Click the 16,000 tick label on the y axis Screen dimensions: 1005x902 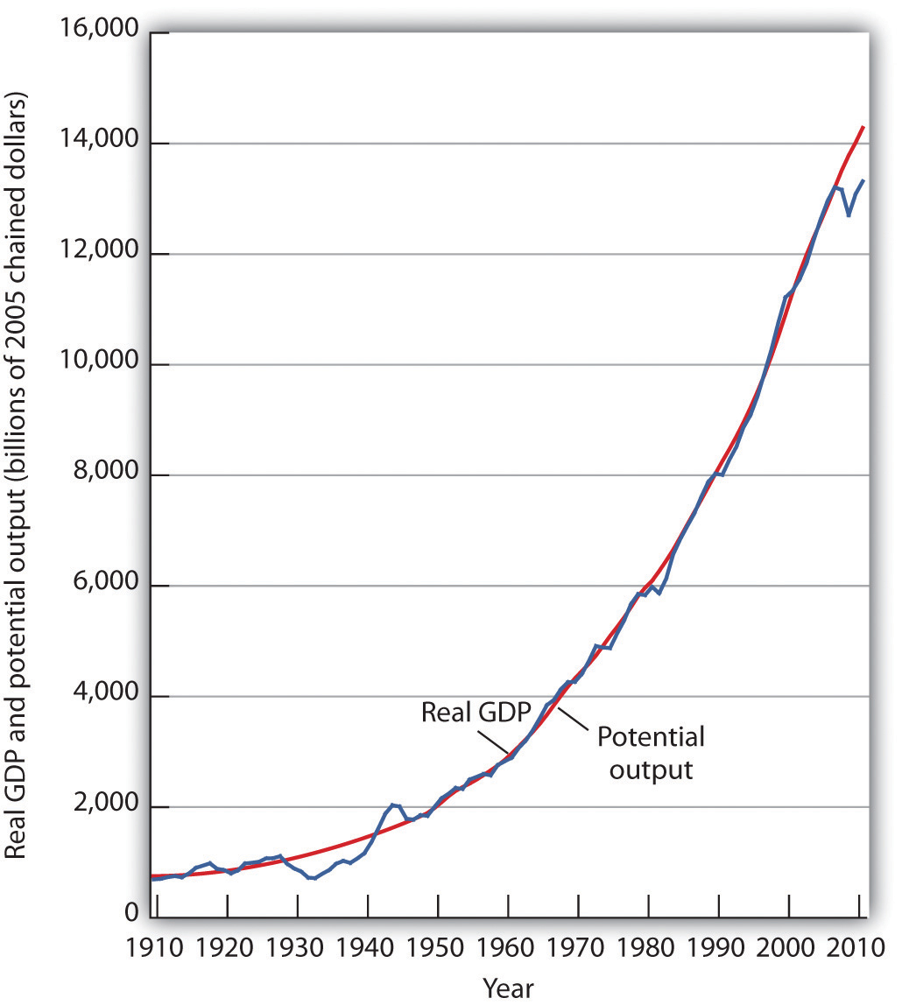[98, 32]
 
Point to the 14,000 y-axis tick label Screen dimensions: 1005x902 [98, 144]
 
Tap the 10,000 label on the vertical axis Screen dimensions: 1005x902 [98, 364]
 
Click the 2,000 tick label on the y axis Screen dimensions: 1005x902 [104, 806]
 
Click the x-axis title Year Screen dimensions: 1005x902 [508, 987]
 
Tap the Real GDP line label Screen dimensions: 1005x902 [464, 711]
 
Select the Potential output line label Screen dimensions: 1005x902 [650, 753]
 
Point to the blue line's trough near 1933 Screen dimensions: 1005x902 [314, 878]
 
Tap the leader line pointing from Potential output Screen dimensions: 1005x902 [574, 720]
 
